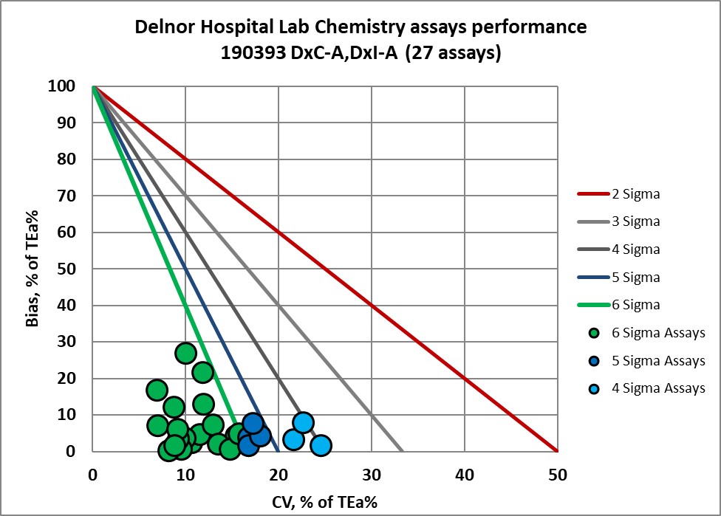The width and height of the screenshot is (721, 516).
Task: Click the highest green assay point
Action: (x=185, y=353)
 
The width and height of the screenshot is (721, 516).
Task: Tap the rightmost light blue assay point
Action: (x=321, y=445)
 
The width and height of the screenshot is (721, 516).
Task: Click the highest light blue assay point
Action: (x=303, y=423)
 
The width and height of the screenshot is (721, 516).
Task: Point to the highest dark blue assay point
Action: (x=253, y=423)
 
